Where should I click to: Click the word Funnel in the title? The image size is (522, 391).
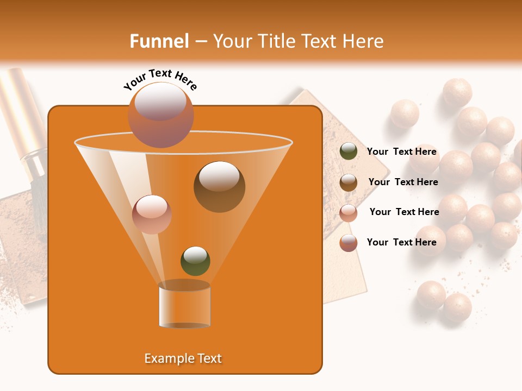(159, 41)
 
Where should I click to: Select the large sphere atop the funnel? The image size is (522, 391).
(160, 115)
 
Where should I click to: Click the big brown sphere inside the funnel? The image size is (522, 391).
(219, 187)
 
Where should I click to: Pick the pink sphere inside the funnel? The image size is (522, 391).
(152, 214)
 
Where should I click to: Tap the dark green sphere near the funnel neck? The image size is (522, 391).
(195, 261)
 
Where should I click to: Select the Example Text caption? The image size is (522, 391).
(183, 358)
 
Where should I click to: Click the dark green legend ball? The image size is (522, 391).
(349, 152)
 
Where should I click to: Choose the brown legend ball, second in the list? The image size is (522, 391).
(349, 182)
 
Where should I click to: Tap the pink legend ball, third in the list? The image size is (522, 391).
(349, 212)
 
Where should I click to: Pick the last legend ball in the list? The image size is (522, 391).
(349, 243)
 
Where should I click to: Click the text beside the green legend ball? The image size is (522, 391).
(402, 152)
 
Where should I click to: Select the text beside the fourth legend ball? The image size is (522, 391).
(402, 242)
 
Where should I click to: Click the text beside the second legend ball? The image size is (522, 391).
(403, 182)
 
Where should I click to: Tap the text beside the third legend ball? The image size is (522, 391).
(404, 212)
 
